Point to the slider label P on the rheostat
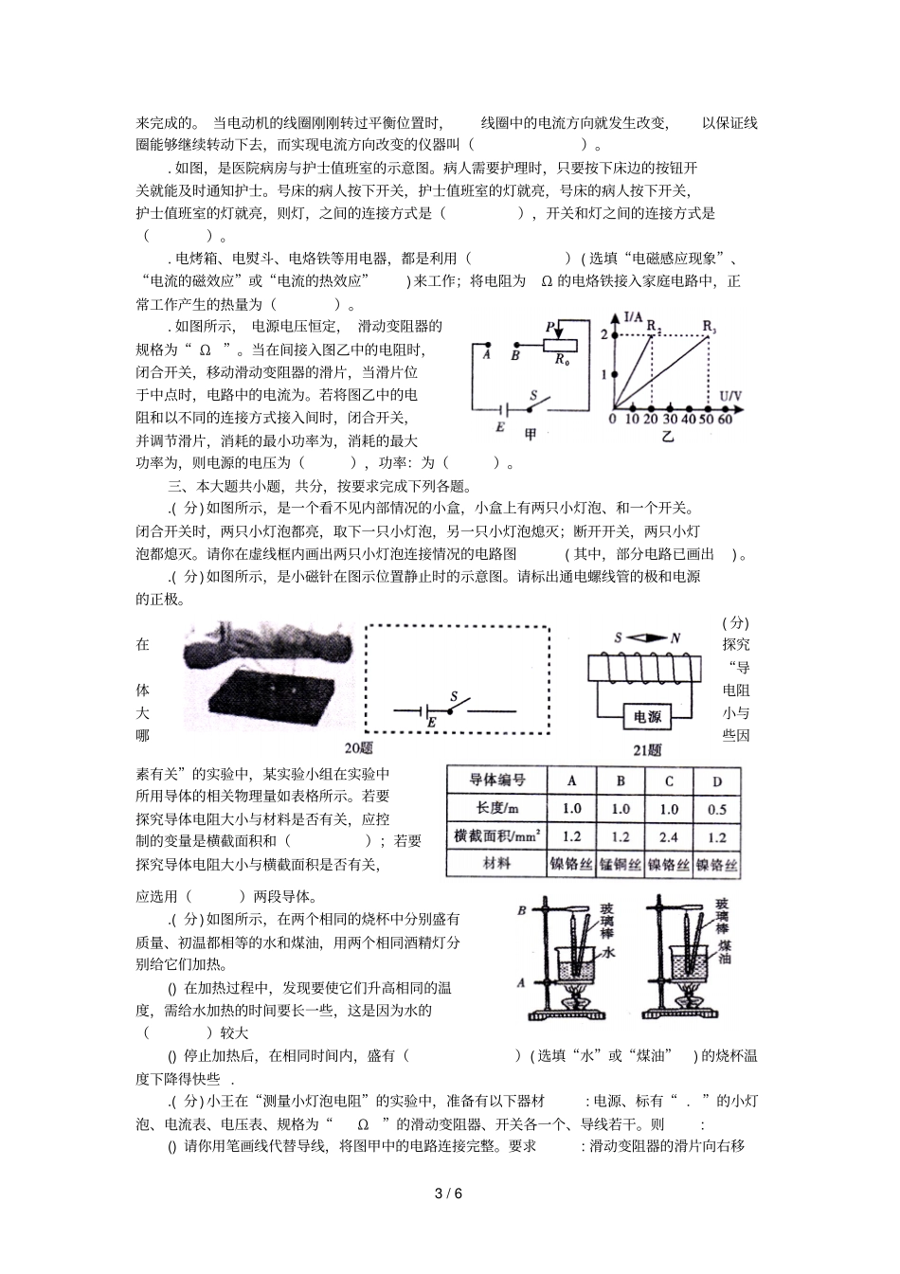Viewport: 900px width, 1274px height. pyautogui.click(x=549, y=327)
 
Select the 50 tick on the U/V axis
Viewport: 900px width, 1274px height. pyautogui.click(x=706, y=418)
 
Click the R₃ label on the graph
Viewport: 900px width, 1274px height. pyautogui.click(x=710, y=328)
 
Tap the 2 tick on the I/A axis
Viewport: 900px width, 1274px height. pyautogui.click(x=603, y=333)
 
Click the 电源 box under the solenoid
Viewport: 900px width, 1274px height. pyautogui.click(x=647, y=717)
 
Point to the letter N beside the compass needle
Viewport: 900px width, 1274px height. pyautogui.click(x=675, y=638)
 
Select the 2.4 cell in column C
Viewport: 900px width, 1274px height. pyautogui.click(x=668, y=836)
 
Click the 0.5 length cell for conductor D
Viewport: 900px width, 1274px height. pyautogui.click(x=716, y=809)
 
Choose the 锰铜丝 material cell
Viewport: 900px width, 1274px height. pyautogui.click(x=621, y=864)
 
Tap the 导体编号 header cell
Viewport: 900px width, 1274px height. pyautogui.click(x=497, y=781)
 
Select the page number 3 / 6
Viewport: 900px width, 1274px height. pyautogui.click(x=449, y=1193)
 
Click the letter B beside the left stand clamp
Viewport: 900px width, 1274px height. pyautogui.click(x=521, y=911)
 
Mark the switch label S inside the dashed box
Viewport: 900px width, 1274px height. pyautogui.click(x=454, y=697)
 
